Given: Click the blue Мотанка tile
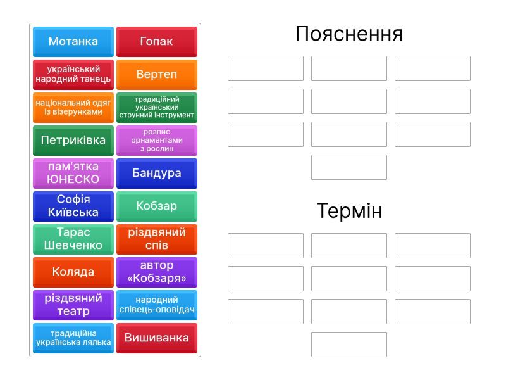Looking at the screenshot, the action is click(73, 42).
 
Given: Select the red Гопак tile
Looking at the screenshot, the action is click(157, 42).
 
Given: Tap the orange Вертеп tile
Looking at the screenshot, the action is click(157, 75).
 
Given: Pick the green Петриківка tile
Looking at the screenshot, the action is click(73, 141).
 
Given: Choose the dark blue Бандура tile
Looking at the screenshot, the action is click(157, 174).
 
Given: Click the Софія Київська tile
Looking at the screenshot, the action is click(73, 206).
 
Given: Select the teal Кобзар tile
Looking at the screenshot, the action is click(157, 206).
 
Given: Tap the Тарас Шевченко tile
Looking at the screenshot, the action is click(73, 239).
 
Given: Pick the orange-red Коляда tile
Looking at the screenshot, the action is click(73, 272).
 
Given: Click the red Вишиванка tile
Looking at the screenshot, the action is click(157, 338).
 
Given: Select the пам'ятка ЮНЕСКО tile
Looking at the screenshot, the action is click(73, 174).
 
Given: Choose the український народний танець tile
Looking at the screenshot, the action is click(73, 75).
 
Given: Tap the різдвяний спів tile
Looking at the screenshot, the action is click(157, 239).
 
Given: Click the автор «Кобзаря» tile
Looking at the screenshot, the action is click(157, 272).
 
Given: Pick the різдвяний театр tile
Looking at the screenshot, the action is click(73, 305).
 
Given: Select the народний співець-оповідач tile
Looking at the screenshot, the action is click(157, 305).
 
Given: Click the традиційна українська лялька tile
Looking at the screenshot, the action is click(73, 338).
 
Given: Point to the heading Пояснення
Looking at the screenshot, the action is click(349, 34).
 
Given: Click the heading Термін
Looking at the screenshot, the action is click(350, 211).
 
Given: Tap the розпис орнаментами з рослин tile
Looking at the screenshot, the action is click(157, 141).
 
